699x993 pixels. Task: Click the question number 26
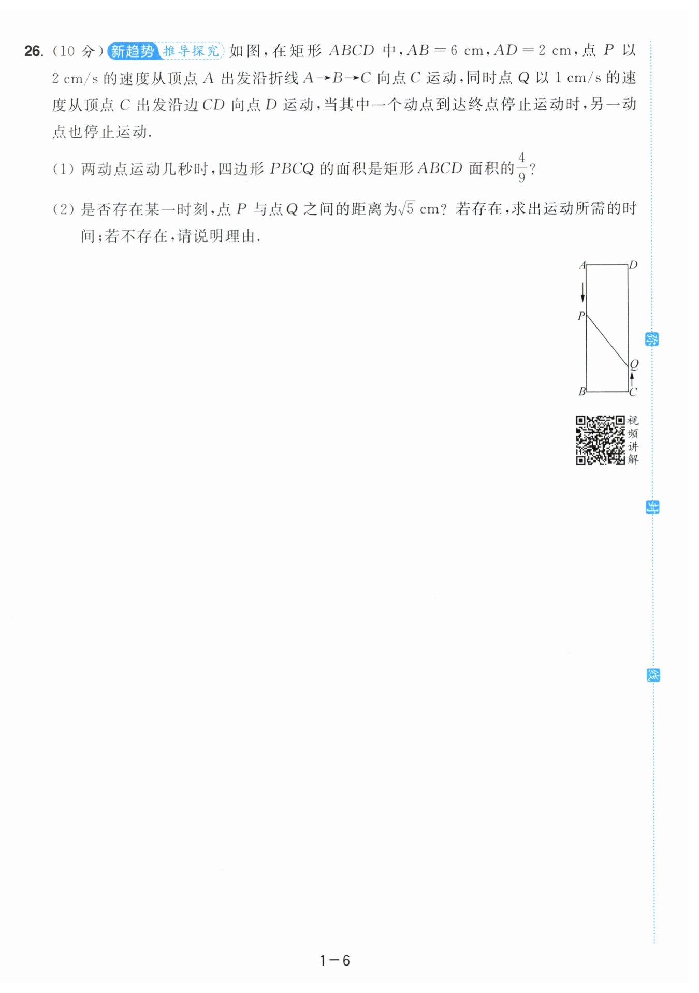(x=34, y=51)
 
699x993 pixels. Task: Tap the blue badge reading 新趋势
(x=133, y=51)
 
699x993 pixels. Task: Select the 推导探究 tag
(x=191, y=51)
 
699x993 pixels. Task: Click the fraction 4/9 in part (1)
(x=521, y=167)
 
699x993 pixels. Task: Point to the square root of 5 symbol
(x=406, y=208)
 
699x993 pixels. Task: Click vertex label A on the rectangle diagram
(x=582, y=265)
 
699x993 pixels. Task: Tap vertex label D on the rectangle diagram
(x=633, y=265)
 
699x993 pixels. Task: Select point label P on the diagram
(x=581, y=316)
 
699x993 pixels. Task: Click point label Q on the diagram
(x=634, y=364)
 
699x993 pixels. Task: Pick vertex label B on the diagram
(x=582, y=391)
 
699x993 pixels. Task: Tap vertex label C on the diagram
(x=633, y=392)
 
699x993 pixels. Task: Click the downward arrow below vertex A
(x=582, y=292)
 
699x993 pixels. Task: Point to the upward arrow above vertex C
(x=632, y=378)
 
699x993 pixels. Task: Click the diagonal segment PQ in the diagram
(x=607, y=341)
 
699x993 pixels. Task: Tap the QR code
(x=601, y=440)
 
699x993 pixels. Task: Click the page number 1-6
(x=335, y=960)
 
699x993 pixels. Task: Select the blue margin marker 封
(x=652, y=507)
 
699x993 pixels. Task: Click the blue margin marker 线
(x=653, y=675)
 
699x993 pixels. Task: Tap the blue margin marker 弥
(x=652, y=339)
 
